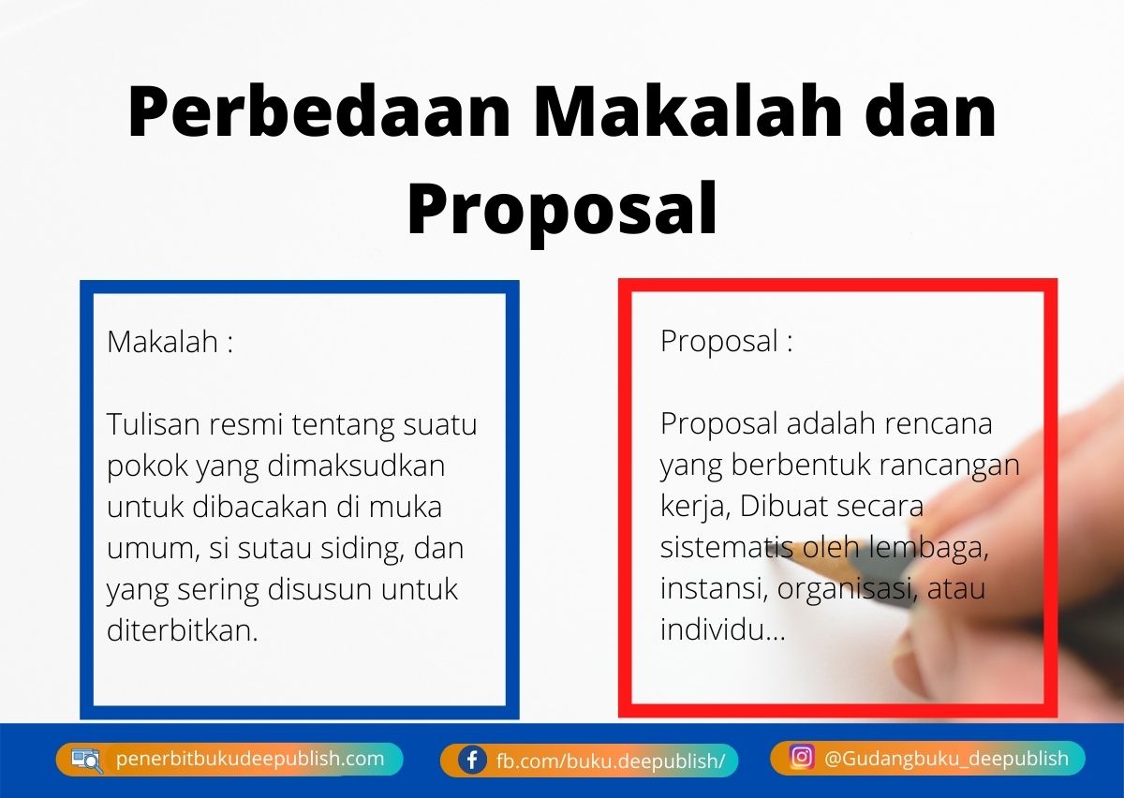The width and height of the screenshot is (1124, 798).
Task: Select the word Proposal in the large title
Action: [x=562, y=211]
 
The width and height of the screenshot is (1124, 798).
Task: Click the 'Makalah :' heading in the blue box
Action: [x=170, y=341]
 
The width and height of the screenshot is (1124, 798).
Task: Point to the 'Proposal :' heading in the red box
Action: [x=727, y=341]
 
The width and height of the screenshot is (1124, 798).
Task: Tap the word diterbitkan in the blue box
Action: [x=182, y=630]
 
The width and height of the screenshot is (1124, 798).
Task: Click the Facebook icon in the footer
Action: [x=471, y=760]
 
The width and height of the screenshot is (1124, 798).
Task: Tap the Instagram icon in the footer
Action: [x=801, y=757]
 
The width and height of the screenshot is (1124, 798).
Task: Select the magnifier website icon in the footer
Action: [x=87, y=760]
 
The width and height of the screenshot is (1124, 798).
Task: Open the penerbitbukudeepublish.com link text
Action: [x=250, y=759]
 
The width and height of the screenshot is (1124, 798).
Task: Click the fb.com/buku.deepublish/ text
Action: [x=611, y=761]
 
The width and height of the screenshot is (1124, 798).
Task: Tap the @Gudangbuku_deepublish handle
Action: [x=946, y=758]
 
